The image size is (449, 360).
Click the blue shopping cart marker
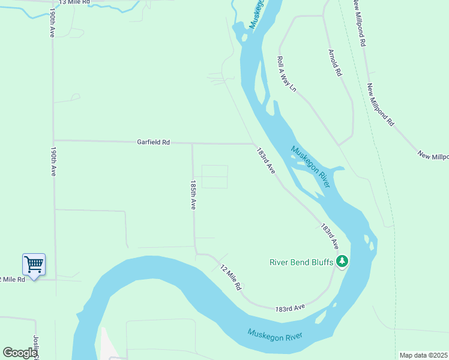point(34,264)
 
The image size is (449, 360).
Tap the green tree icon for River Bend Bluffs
point(342,261)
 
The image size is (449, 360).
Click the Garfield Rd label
point(154,142)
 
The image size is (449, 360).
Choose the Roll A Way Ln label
point(286,74)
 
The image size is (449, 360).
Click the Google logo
point(19,353)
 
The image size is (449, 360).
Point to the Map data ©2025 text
point(423,355)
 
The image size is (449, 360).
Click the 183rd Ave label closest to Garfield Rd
point(265,161)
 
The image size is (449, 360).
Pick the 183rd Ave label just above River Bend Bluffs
point(329,236)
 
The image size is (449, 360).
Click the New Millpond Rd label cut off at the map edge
point(433,155)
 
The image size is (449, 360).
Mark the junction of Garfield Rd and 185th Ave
point(192,143)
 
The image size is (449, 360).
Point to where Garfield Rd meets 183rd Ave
point(253,144)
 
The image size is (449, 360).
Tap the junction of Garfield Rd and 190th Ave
point(54,140)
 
